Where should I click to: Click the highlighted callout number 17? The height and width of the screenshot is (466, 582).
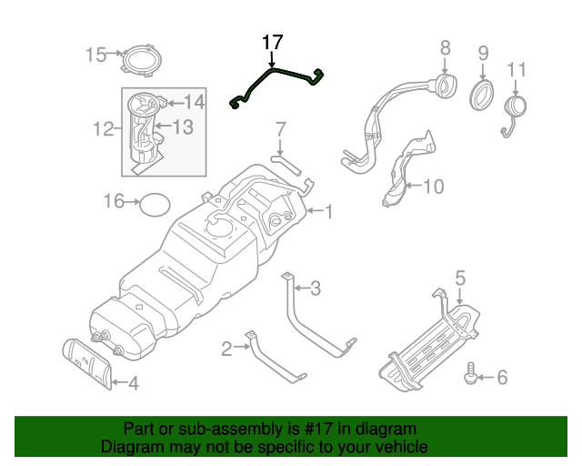[273, 42]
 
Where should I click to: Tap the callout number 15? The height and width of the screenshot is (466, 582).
[95, 55]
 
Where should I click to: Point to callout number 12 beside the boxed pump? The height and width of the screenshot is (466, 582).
[102, 130]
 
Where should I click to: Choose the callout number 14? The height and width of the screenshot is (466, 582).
[195, 102]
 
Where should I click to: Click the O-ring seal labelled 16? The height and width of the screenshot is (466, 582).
[156, 205]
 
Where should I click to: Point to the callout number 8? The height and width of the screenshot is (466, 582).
[445, 47]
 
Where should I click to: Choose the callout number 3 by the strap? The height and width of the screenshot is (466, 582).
[315, 289]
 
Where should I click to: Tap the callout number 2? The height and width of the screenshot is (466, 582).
[226, 346]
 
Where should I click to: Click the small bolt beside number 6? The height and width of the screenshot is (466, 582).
[471, 374]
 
